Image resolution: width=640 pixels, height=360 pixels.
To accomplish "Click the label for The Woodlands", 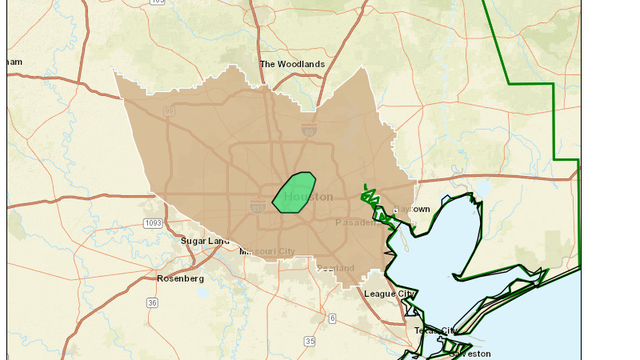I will [292, 64].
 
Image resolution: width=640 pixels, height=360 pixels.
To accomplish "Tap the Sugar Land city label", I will [204, 241].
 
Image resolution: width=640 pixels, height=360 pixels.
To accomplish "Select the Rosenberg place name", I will [180, 278].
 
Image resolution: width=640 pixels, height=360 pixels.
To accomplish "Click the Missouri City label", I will [267, 251].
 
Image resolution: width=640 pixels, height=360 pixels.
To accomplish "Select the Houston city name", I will [308, 197].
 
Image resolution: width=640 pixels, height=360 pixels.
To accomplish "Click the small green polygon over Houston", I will [294, 191].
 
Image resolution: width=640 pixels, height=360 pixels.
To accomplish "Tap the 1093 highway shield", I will [152, 223].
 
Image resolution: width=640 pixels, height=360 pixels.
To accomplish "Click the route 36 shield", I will [151, 302].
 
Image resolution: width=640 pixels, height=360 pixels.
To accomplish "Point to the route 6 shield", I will [332, 318].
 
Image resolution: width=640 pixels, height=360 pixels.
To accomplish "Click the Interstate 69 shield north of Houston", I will [311, 129].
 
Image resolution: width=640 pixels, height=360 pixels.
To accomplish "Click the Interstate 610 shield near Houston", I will [257, 205].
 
